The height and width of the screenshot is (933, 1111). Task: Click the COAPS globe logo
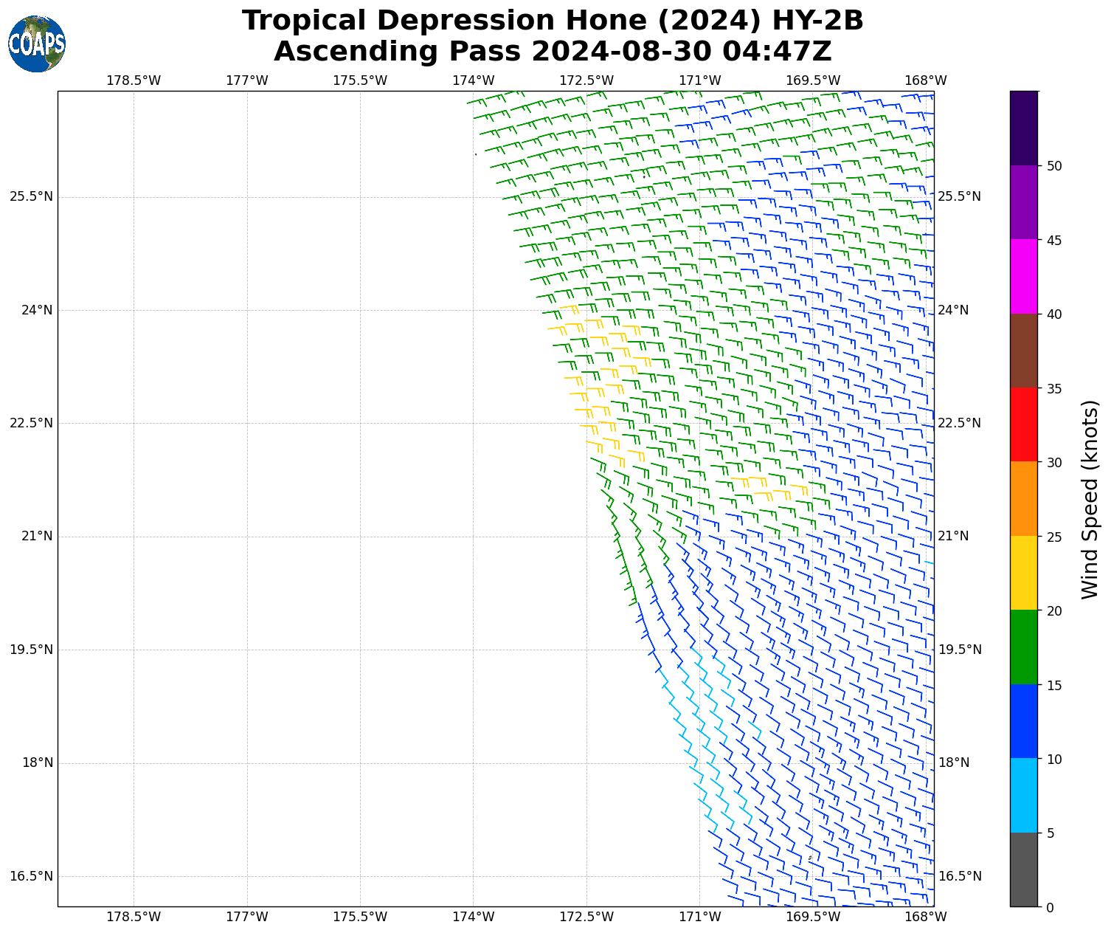pyautogui.click(x=37, y=44)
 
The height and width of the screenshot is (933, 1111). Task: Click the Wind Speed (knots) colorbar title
pyautogui.click(x=1090, y=499)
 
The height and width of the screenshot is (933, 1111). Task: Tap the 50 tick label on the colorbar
pyautogui.click(x=1055, y=166)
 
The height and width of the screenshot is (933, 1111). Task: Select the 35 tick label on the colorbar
pyautogui.click(x=1055, y=389)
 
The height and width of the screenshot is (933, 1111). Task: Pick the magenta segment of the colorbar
pyautogui.click(x=1023, y=277)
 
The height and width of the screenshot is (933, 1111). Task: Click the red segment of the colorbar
pyautogui.click(x=1023, y=425)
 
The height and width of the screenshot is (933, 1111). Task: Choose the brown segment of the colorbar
pyautogui.click(x=1023, y=351)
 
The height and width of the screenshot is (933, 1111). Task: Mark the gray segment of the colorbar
pyautogui.click(x=1023, y=870)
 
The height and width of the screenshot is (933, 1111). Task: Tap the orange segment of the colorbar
pyautogui.click(x=1023, y=499)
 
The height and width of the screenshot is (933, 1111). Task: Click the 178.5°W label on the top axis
pyautogui.click(x=134, y=80)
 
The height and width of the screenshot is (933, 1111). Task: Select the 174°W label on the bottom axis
pyautogui.click(x=473, y=917)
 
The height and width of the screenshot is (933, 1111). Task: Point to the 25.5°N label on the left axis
pyautogui.click(x=31, y=196)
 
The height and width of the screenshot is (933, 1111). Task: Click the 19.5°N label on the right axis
pyautogui.click(x=959, y=650)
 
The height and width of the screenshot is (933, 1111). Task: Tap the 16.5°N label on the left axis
pyautogui.click(x=31, y=876)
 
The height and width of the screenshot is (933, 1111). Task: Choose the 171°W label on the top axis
pyautogui.click(x=699, y=80)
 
